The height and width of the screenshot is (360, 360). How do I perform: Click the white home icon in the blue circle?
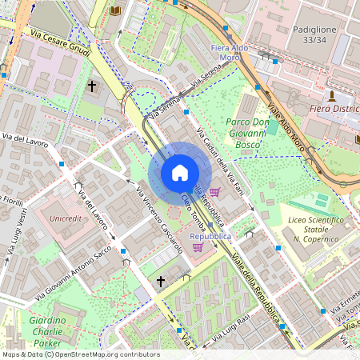tap(179, 173)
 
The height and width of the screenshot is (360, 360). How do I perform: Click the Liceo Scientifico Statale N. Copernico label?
tap(318, 229)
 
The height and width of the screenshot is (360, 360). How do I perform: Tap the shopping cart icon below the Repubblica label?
tap(198, 248)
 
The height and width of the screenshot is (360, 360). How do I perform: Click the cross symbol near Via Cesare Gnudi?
tap(92, 85)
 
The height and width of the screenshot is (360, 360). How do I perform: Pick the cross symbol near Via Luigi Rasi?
tap(160, 282)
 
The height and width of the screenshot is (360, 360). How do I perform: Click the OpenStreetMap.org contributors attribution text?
tap(108, 354)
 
